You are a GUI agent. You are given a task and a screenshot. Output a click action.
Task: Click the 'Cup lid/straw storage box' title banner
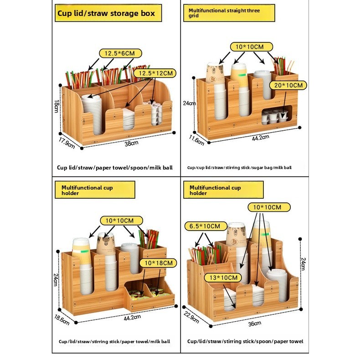click(108, 13)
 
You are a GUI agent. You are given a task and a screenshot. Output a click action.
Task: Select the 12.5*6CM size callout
click(120, 53)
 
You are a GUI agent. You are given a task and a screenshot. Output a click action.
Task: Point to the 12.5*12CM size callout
click(155, 73)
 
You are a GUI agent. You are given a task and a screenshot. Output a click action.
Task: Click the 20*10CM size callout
click(288, 85)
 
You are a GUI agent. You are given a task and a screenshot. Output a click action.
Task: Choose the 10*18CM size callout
click(159, 263)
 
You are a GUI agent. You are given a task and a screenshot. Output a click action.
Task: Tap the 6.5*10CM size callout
click(206, 226)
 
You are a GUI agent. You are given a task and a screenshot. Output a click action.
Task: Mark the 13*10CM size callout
click(223, 278)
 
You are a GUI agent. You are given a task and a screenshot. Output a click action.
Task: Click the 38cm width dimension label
click(131, 143)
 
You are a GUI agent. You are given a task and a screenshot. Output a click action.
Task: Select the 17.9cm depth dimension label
click(67, 143)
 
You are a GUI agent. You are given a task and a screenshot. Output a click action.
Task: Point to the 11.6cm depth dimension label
click(196, 140)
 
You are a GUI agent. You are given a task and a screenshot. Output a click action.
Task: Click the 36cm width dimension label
click(255, 324)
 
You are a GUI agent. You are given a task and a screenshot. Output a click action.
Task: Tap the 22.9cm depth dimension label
click(191, 318)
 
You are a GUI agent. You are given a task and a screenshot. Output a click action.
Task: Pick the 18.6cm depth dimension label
click(62, 320)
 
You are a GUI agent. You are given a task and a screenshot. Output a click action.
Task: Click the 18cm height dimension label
click(57, 106)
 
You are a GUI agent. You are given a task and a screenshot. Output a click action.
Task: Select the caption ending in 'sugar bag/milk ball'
click(239, 168)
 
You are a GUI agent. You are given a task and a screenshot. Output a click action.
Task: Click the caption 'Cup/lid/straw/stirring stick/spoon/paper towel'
click(245, 341)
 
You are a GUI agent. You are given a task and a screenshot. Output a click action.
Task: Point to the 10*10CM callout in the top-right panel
click(252, 47)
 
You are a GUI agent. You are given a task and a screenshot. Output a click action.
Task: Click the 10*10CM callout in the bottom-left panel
click(121, 221)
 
